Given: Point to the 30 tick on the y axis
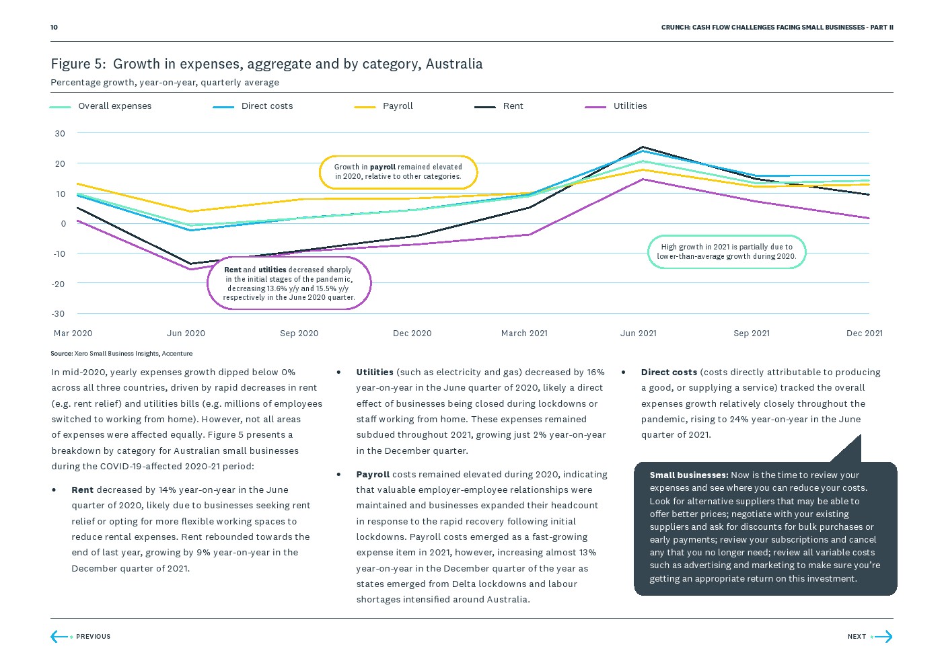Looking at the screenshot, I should (x=60, y=134).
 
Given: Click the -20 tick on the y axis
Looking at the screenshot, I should (x=59, y=284).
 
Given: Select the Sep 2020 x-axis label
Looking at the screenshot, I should (x=299, y=333).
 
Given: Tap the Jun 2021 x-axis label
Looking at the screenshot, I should (x=638, y=333).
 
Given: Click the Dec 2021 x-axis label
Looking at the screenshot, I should (x=864, y=333).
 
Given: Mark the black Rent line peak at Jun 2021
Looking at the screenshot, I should (x=643, y=147).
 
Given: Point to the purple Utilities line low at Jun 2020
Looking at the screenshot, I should (x=191, y=270).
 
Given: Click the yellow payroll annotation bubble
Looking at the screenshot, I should (x=398, y=172).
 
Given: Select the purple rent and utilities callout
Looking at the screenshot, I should (x=289, y=284).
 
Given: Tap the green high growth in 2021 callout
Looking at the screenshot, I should (x=727, y=251).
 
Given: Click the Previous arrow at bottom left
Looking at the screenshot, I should (x=59, y=637).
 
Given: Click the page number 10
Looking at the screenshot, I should (x=54, y=28).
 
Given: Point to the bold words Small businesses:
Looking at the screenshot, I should (x=688, y=475).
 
